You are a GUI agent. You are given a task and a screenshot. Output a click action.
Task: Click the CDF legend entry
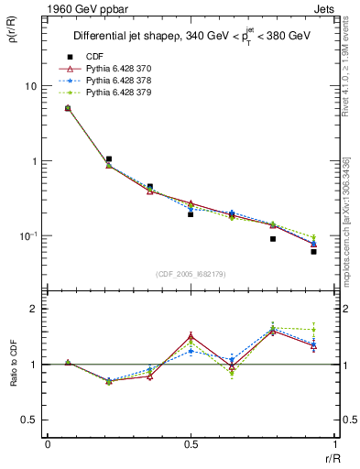pos(93,57)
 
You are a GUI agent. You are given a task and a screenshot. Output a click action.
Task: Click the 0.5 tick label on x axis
pos(191,444)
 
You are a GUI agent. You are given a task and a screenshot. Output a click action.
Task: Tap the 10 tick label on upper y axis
pos(31,86)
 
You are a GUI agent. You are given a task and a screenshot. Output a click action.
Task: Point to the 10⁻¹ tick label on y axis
pos(29,236)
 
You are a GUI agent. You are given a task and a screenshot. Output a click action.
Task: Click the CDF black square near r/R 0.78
pos(273,239)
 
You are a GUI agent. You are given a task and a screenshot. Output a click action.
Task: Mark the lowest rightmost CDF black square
pos(313,251)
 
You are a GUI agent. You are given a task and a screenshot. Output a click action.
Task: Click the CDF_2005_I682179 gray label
pos(190,273)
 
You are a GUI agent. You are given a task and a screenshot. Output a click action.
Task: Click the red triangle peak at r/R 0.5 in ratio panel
pos(191,336)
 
